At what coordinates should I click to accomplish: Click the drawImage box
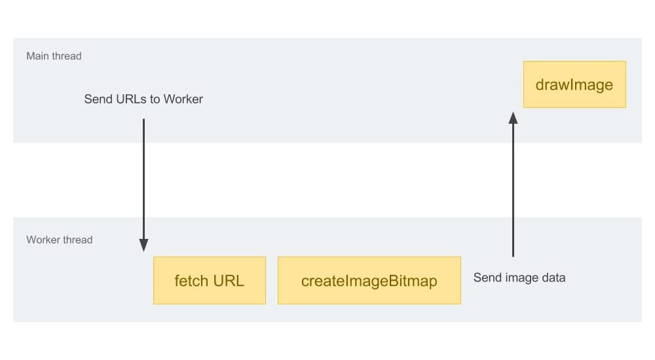[x=574, y=84]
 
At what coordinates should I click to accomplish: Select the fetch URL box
[x=210, y=280]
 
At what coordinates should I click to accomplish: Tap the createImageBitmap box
[x=369, y=280]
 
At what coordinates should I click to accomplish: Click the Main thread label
[x=54, y=56]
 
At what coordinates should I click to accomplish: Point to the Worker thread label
[x=59, y=240]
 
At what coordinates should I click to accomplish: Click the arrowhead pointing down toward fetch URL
[x=143, y=245]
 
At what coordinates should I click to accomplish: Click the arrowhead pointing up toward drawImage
[x=513, y=117]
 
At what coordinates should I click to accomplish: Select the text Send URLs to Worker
[x=143, y=99]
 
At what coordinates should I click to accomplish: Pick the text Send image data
[x=519, y=278]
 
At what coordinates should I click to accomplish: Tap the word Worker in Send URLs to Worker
[x=183, y=99]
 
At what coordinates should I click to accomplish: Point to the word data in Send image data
[x=553, y=278]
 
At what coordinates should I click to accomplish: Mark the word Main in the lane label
[x=38, y=56]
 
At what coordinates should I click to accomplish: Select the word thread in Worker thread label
[x=78, y=240]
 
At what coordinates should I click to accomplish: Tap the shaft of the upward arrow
[x=513, y=190]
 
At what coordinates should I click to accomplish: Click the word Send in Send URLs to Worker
[x=98, y=99]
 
